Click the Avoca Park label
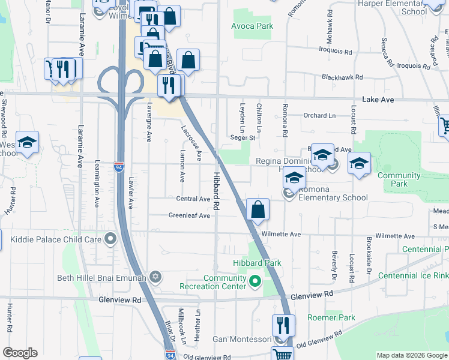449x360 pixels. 253,26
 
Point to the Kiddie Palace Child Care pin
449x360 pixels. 110,239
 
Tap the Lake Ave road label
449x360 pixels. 378,100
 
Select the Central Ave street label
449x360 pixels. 193,199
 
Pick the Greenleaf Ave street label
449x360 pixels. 189,215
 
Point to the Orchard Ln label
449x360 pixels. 319,115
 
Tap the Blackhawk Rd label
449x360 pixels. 342,77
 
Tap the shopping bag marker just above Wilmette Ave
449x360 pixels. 258,210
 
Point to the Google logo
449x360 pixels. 20,353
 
